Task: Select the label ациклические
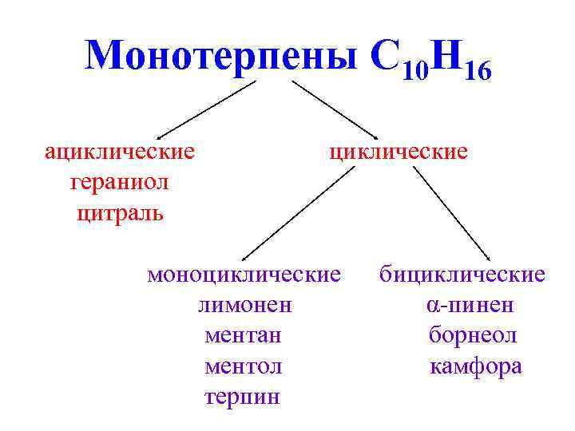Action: click(x=120, y=152)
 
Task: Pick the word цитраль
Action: click(x=120, y=213)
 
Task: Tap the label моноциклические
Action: click(x=244, y=275)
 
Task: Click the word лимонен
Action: click(x=244, y=305)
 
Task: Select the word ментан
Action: click(x=243, y=335)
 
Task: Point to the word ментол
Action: click(x=243, y=366)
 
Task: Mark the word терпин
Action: click(x=243, y=397)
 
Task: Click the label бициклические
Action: click(x=462, y=275)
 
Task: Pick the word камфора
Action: click(x=476, y=366)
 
